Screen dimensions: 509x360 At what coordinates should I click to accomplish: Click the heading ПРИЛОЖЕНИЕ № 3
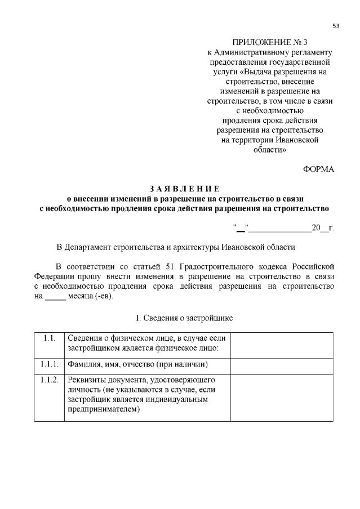tap(270, 42)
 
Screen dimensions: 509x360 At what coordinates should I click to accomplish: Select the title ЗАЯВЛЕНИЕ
tap(185, 188)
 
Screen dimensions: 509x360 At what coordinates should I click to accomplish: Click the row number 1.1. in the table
tap(49, 338)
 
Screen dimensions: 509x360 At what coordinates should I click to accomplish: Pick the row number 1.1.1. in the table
tap(49, 364)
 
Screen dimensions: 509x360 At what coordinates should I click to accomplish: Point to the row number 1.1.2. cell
tap(49, 379)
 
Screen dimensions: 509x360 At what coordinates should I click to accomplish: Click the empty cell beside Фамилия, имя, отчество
tap(281, 364)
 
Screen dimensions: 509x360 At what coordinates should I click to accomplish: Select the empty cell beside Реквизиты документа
tap(281, 396)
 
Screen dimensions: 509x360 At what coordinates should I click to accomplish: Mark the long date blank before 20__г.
tap(280, 229)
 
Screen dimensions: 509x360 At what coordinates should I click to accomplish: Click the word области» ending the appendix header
tap(269, 150)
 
